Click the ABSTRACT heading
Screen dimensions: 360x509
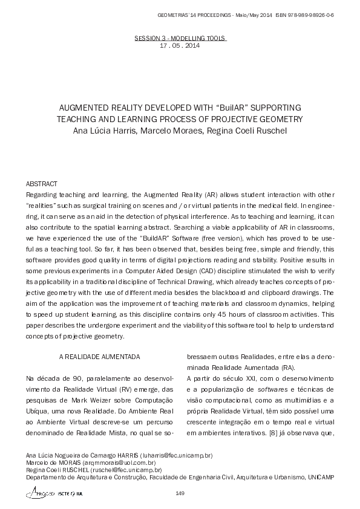tap(42, 183)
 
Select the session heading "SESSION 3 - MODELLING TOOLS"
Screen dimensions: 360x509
tap(180, 37)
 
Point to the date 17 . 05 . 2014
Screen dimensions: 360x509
tap(179, 46)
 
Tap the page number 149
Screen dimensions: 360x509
tap(180, 494)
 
